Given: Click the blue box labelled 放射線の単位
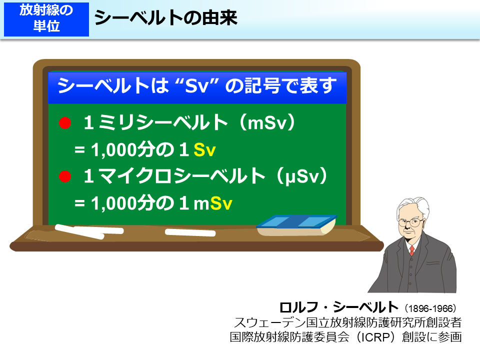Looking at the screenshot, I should (x=46, y=18).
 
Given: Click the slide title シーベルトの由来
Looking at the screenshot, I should (x=165, y=18).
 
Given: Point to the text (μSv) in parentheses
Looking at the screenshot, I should (x=303, y=175).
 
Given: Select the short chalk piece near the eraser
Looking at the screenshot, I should (x=183, y=232).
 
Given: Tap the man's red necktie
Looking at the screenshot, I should (x=411, y=250).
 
